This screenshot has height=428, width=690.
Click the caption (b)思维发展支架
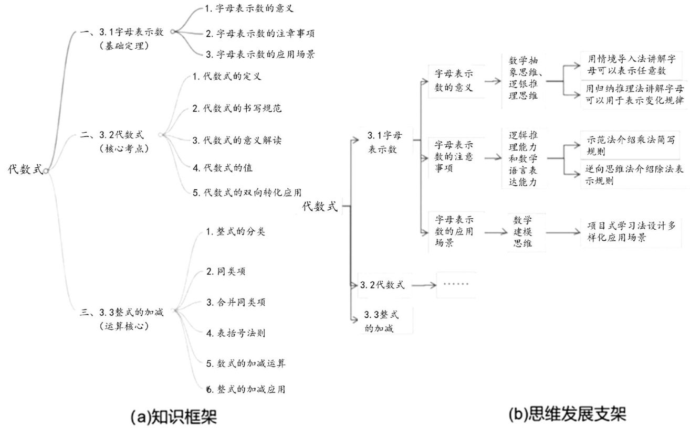click(x=567, y=414)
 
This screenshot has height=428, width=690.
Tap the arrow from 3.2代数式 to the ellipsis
click(x=423, y=285)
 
